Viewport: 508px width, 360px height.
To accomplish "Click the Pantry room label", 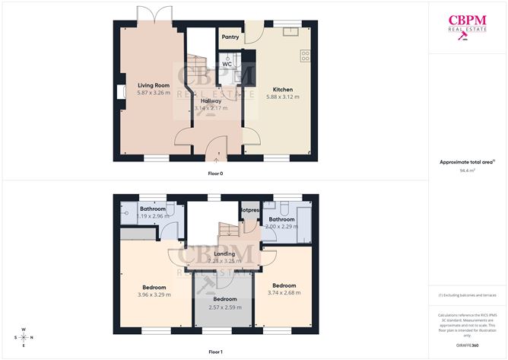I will (230, 37).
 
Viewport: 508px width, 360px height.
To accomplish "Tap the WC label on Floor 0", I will (227, 64).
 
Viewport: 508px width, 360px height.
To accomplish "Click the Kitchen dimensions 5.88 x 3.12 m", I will (282, 97).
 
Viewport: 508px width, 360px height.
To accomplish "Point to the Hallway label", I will (211, 100).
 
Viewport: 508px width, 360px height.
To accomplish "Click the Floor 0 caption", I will (215, 174).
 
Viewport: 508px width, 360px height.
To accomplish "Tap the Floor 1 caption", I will (215, 352).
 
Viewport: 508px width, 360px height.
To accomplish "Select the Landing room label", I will (224, 253).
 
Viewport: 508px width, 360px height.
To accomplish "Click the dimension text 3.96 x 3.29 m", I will (154, 295).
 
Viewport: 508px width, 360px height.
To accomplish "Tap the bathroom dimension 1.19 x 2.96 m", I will (153, 216).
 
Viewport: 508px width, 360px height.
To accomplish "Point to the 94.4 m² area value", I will (468, 170).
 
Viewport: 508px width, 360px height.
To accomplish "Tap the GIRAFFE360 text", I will (467, 345).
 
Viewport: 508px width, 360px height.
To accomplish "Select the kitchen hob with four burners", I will (306, 55).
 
